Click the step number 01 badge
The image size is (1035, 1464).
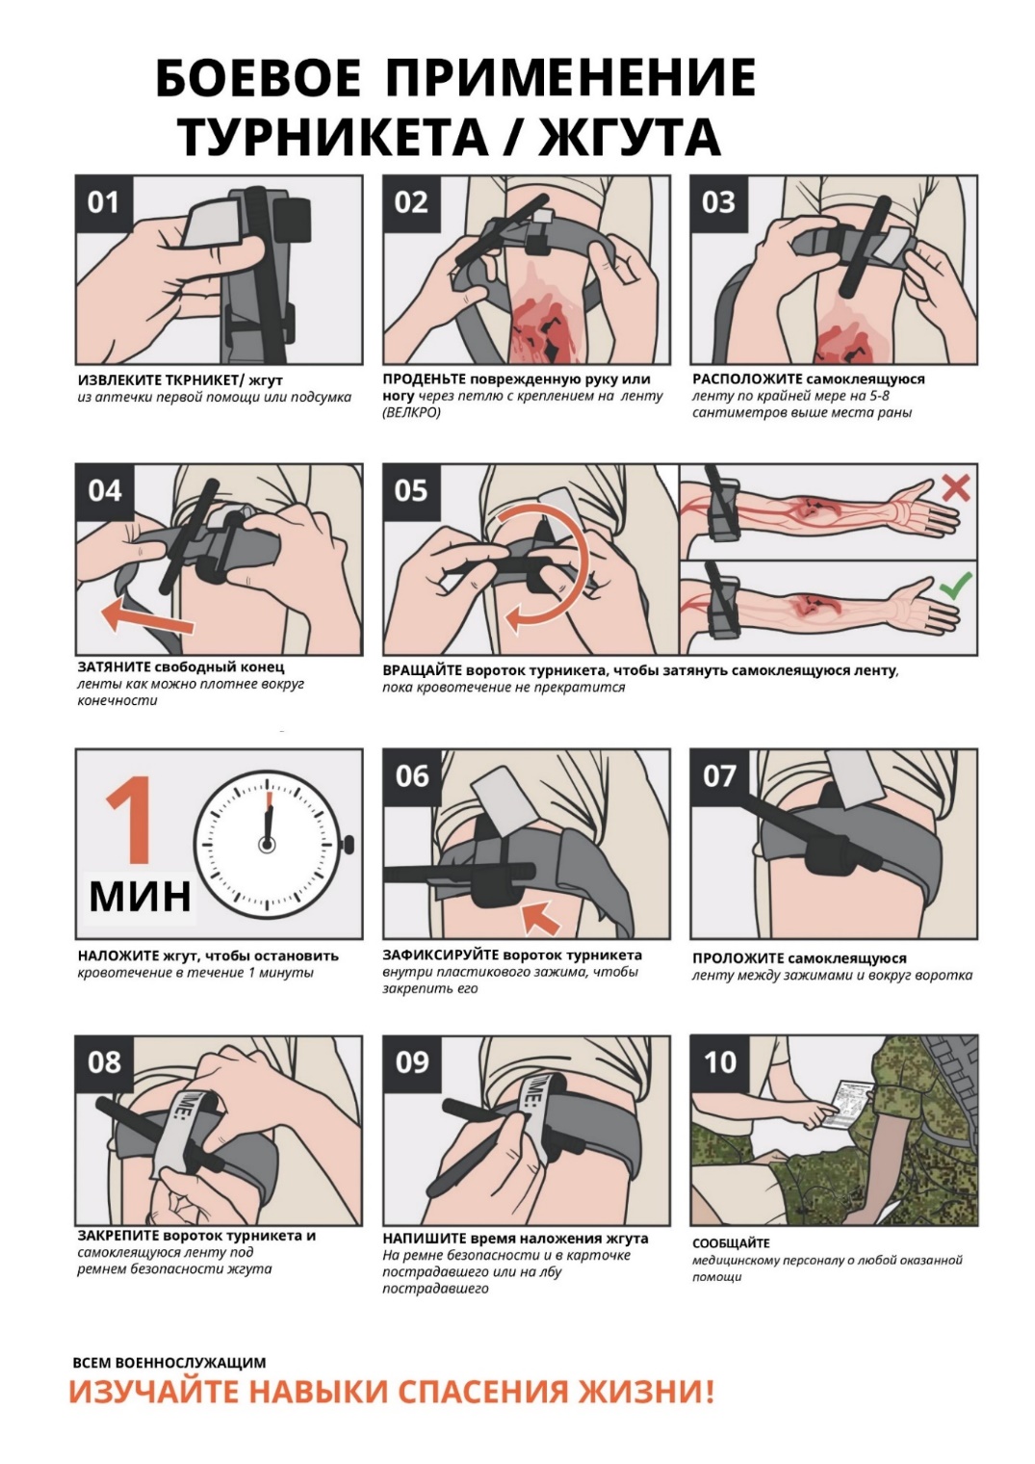pyautogui.click(x=104, y=203)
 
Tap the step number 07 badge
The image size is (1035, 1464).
pyautogui.click(x=719, y=775)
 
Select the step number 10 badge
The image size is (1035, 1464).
pyautogui.click(x=719, y=1062)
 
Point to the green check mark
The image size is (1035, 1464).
pyautogui.click(x=956, y=586)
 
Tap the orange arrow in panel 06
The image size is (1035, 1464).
pyautogui.click(x=540, y=916)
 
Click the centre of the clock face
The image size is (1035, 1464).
pyautogui.click(x=267, y=845)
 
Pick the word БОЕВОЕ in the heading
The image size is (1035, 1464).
pyautogui.click(x=258, y=76)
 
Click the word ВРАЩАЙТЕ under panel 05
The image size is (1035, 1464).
pyautogui.click(x=421, y=670)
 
